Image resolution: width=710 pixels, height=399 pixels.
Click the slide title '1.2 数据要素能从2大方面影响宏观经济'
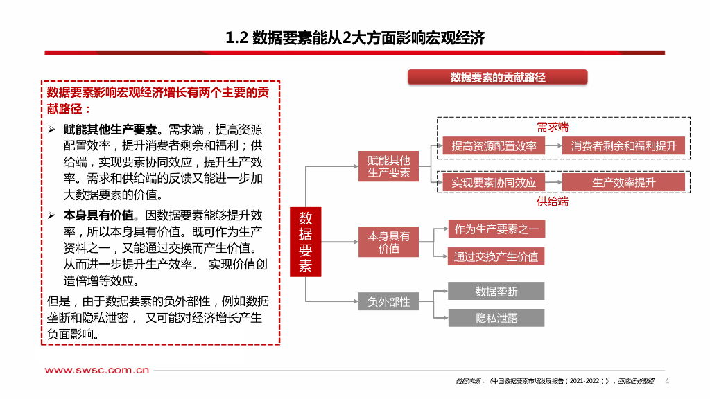(355, 38)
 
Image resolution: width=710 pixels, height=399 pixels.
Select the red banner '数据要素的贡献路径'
(497, 78)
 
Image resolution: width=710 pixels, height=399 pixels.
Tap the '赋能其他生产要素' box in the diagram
(388, 166)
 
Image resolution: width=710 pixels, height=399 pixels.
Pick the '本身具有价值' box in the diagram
(388, 242)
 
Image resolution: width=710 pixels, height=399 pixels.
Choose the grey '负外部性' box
(388, 302)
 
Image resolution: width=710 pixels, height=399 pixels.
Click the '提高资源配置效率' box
(494, 145)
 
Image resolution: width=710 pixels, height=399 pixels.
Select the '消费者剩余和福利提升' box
(623, 145)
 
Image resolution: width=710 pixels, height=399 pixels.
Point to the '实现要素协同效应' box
(494, 183)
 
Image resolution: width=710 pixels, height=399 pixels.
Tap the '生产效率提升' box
(623, 183)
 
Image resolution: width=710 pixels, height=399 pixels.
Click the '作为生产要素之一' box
(496, 229)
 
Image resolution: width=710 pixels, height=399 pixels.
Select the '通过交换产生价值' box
(496, 257)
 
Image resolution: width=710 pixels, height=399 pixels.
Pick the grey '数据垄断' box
(496, 291)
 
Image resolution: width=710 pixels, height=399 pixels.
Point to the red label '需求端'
(553, 127)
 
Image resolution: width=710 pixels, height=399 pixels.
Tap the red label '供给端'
(553, 202)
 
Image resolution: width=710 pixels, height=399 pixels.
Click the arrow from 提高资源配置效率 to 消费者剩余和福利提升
(553, 145)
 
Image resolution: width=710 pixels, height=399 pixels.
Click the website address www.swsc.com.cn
(97, 371)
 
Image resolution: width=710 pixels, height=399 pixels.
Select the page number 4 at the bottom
(667, 382)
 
